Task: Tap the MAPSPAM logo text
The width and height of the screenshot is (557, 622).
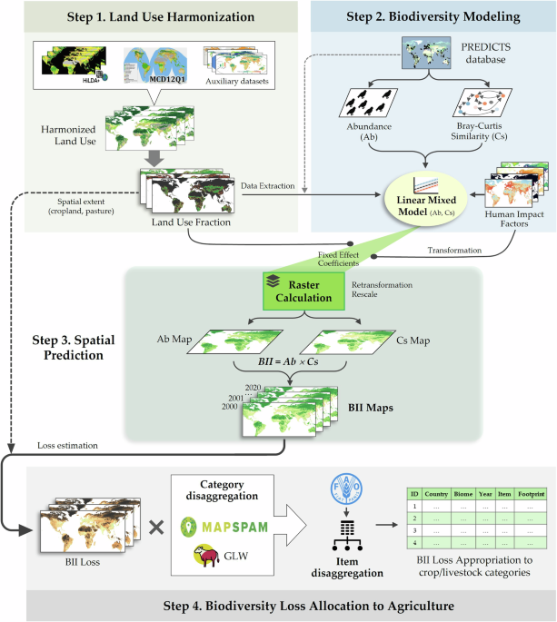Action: click(244, 523)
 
